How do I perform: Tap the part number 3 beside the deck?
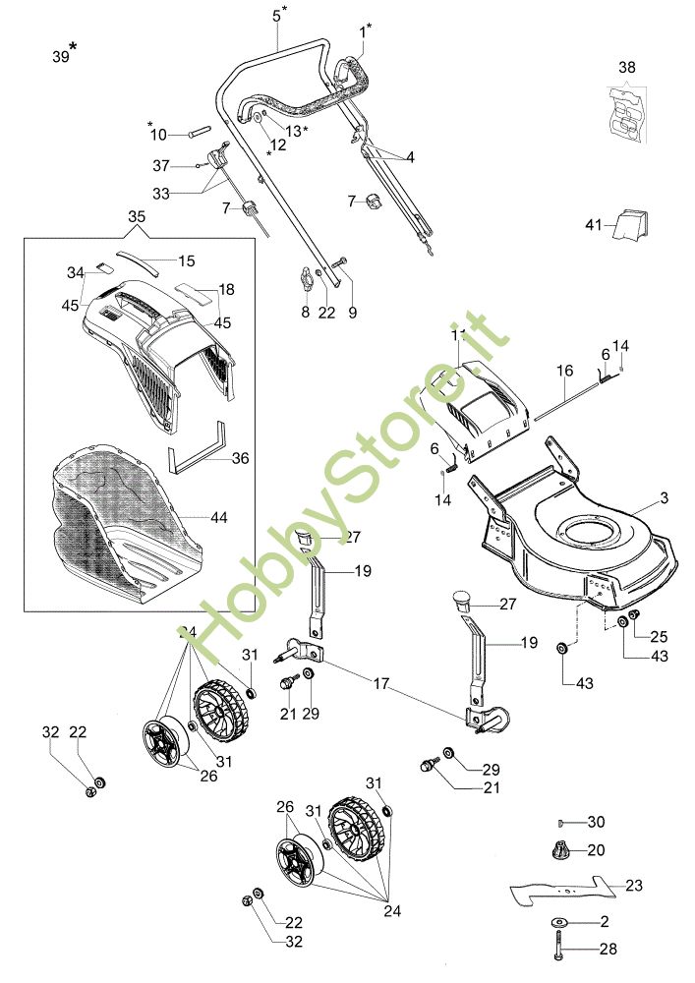[665, 498]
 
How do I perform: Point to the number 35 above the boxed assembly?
[137, 217]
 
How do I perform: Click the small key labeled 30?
[563, 822]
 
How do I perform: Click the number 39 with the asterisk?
[61, 57]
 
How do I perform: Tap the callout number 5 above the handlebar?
[276, 16]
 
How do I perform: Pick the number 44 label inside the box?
[218, 515]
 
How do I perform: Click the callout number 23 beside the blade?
[634, 885]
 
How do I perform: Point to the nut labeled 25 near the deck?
[634, 614]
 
